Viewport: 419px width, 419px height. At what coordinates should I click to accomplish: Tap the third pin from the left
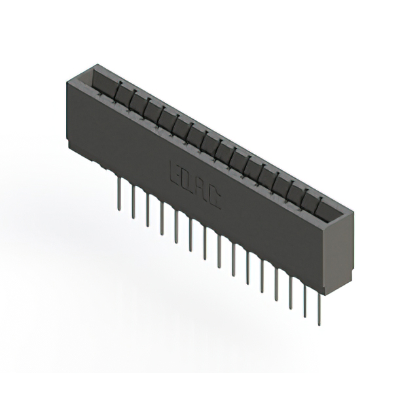click(x=147, y=210)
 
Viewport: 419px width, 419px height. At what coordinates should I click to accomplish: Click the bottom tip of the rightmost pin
click(x=319, y=324)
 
